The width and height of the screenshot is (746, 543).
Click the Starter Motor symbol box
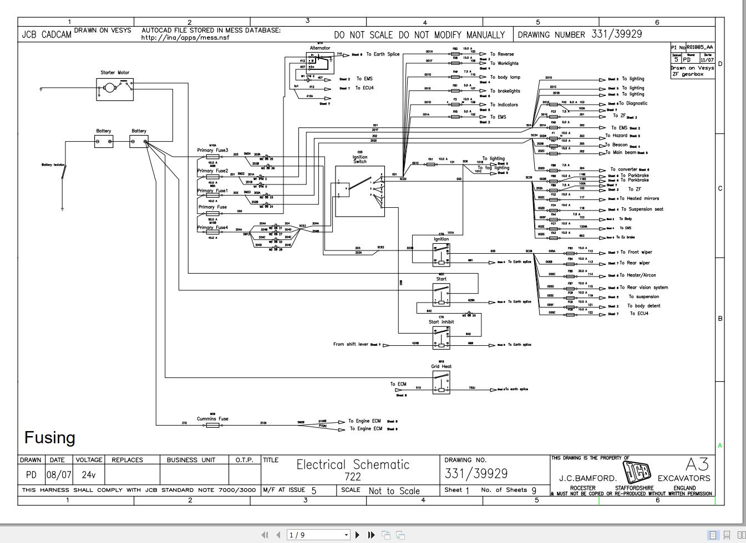click(115, 89)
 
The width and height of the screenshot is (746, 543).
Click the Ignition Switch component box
click(359, 191)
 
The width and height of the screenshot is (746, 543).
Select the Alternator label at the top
click(320, 48)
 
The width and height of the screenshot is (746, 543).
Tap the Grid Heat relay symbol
click(441, 382)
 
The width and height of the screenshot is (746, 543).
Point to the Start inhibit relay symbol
click(441, 338)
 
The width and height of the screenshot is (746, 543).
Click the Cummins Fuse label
click(212, 419)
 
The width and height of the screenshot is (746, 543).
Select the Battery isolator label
click(54, 165)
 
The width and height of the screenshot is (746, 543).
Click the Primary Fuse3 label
click(212, 150)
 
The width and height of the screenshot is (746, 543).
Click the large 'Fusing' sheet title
click(49, 438)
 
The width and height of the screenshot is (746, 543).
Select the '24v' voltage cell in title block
click(89, 475)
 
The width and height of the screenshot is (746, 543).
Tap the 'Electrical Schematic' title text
click(353, 464)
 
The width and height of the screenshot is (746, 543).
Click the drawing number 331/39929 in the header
click(616, 34)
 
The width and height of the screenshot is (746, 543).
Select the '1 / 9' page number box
click(318, 535)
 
